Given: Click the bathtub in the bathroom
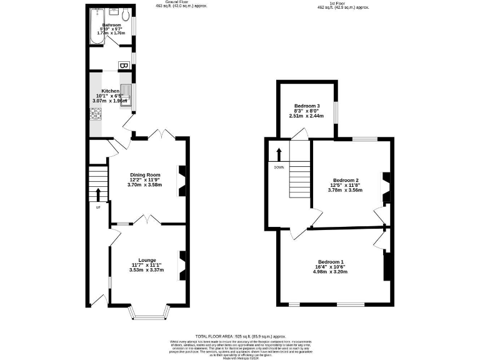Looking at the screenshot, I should pyautogui.click(x=96, y=27).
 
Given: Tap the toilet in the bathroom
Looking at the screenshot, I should pyautogui.click(x=125, y=15).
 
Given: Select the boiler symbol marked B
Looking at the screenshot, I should pyautogui.click(x=123, y=64).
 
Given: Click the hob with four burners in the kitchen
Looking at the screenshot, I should pyautogui.click(x=96, y=114).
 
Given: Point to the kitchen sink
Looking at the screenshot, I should pyautogui.click(x=126, y=94).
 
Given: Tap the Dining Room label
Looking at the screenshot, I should pyautogui.click(x=145, y=175).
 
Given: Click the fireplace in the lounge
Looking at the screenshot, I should pyautogui.click(x=182, y=262).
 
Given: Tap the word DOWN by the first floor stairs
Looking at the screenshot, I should pyautogui.click(x=279, y=167).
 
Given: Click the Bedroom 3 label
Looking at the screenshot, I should pyautogui.click(x=306, y=106).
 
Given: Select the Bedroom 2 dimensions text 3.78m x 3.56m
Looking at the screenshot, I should pyautogui.click(x=345, y=190).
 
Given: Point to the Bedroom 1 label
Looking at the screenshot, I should pyautogui.click(x=331, y=262).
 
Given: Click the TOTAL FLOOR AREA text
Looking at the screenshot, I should pyautogui.click(x=214, y=336).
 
